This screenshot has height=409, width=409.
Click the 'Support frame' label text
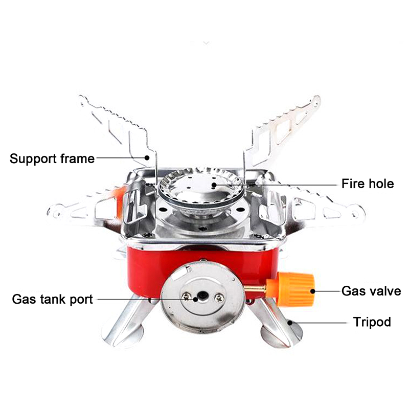click(x=52, y=158)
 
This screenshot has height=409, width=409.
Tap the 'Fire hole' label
click(x=368, y=184)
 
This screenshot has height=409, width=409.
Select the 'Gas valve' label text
click(x=371, y=291)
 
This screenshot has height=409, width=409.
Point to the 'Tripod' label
click(x=372, y=322)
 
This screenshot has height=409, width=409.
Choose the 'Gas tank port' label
click(x=53, y=299)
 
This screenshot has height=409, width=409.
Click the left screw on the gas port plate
click(x=187, y=296)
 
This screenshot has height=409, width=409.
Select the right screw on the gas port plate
click(x=220, y=298)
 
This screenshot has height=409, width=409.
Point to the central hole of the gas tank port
click(x=202, y=296)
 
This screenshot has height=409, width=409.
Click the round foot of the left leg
click(x=123, y=336)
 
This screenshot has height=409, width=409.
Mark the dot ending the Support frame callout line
click(x=147, y=158)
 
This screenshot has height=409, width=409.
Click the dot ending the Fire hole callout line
click(x=214, y=185)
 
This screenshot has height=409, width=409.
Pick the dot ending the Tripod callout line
click(x=290, y=323)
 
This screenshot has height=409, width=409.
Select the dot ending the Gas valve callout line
click(x=313, y=291)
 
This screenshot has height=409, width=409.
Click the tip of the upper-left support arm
click(x=82, y=98)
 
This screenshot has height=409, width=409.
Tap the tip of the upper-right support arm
click(x=316, y=99)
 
